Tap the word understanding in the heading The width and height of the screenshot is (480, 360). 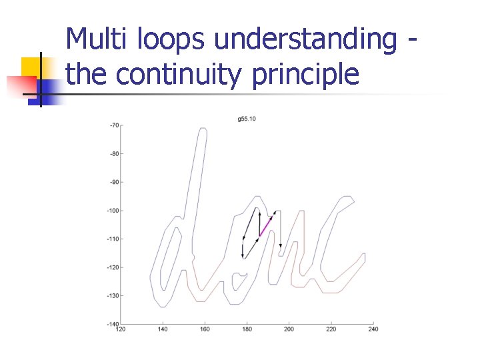pyautogui.click(x=305, y=40)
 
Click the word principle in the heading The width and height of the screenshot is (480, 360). pyautogui.click(x=306, y=75)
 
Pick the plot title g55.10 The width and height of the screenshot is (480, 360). pyautogui.click(x=247, y=119)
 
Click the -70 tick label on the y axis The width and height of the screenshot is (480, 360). pyautogui.click(x=115, y=125)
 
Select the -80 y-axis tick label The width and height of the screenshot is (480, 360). pyautogui.click(x=115, y=154)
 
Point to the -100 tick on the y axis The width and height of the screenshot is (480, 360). pyautogui.click(x=113, y=211)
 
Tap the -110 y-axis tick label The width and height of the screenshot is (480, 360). pyautogui.click(x=113, y=239)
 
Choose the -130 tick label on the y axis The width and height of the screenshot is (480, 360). pyautogui.click(x=113, y=295)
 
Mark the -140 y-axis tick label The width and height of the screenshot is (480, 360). pyautogui.click(x=113, y=324)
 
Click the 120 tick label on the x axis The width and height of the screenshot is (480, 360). pyautogui.click(x=121, y=329)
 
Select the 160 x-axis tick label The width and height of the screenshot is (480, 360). pyautogui.click(x=205, y=329)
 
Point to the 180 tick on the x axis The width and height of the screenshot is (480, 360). pyautogui.click(x=247, y=329)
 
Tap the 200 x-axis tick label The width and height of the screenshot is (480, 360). pyautogui.click(x=289, y=329)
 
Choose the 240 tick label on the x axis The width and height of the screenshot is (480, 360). pyautogui.click(x=373, y=329)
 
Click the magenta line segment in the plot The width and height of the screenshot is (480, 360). pyautogui.click(x=265, y=226)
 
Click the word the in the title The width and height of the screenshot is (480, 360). pyautogui.click(x=87, y=75)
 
